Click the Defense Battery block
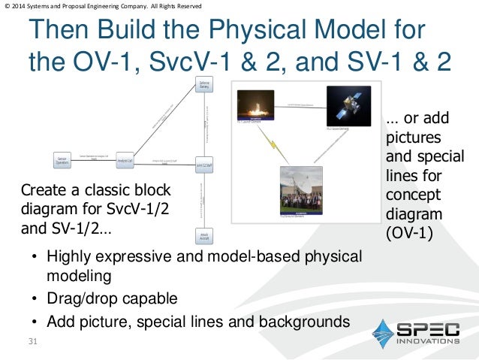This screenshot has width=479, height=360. point(203,85)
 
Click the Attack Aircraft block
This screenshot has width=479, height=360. point(203,236)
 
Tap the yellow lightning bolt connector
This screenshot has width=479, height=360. point(274,143)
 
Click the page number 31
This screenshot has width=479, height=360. point(32,343)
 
